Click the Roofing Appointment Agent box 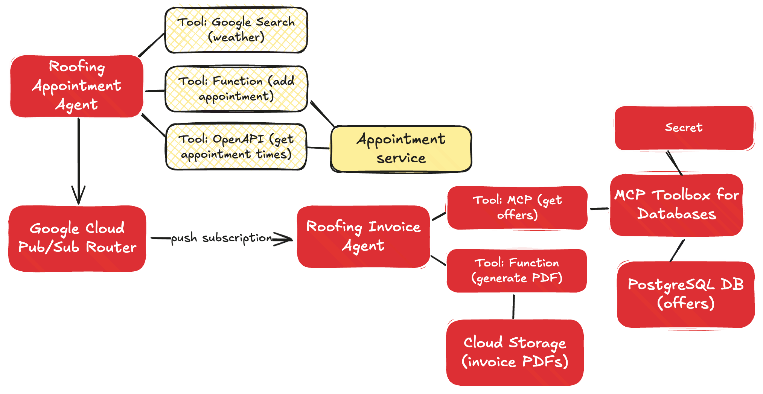pyautogui.click(x=77, y=86)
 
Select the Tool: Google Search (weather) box pyautogui.click(x=236, y=30)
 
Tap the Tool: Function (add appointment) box pyautogui.click(x=236, y=89)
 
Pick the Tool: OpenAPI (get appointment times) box pyautogui.click(x=236, y=147)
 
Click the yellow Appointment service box pyautogui.click(x=401, y=149)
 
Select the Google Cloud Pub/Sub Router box pyautogui.click(x=77, y=238)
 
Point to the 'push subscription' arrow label pyautogui.click(x=221, y=238)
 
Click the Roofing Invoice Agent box pyautogui.click(x=363, y=236)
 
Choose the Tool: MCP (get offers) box pyautogui.click(x=517, y=207)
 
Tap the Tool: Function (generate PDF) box pyautogui.click(x=517, y=271)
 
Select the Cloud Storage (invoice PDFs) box pyautogui.click(x=515, y=352)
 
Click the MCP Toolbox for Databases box pyautogui.click(x=676, y=205)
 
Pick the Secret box pyautogui.click(x=684, y=128)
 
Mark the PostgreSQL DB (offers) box pyautogui.click(x=686, y=294)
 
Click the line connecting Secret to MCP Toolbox pyautogui.click(x=675, y=163)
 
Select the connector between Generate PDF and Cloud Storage pyautogui.click(x=514, y=306)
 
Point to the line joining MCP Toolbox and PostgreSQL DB pyautogui.click(x=677, y=250)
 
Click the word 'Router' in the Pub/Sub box pyautogui.click(x=111, y=248)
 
